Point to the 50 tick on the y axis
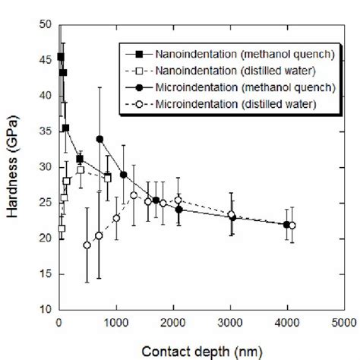pos(48,24)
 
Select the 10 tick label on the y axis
pos(48,310)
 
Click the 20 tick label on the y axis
pos(48,238)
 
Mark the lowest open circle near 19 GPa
pos(87,245)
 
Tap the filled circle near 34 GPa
pos(99,139)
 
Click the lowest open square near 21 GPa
pos(62,228)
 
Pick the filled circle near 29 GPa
pos(124,175)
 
